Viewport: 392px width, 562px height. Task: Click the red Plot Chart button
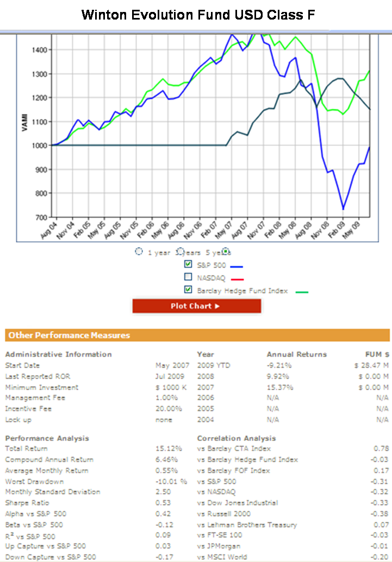click(196, 306)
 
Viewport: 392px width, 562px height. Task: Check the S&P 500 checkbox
click(188, 264)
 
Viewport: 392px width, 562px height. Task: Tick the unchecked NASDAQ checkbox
click(188, 277)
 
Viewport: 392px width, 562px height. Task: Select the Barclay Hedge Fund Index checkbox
click(188, 290)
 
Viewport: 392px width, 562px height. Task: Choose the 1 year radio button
click(139, 252)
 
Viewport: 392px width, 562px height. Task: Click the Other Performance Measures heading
click(69, 335)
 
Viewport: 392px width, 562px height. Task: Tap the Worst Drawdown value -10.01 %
click(171, 481)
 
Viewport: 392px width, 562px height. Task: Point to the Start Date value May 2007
click(172, 365)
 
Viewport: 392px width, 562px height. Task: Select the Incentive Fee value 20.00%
click(169, 408)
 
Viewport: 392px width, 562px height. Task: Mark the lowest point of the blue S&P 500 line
click(343, 209)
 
